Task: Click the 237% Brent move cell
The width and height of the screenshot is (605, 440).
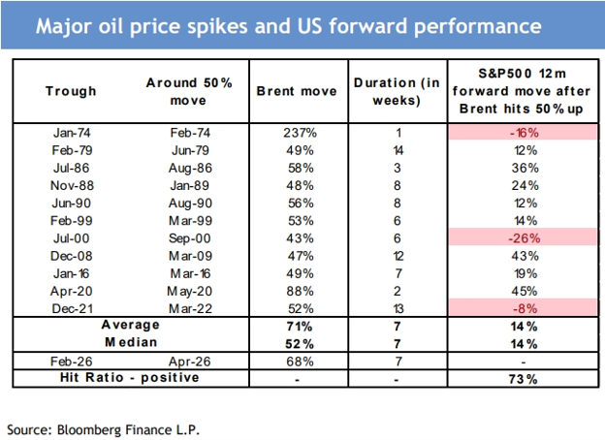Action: tap(300, 133)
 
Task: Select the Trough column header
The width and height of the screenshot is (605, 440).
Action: tap(71, 91)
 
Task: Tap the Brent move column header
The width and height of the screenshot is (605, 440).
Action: tap(297, 91)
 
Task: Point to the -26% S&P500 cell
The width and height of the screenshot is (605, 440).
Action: tap(524, 238)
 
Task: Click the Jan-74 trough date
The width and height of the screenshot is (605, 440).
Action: tap(72, 133)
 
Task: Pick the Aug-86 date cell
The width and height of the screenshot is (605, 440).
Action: tap(190, 168)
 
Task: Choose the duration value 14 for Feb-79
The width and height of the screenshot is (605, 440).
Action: tap(398, 150)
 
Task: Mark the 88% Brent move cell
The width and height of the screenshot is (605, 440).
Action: tap(300, 291)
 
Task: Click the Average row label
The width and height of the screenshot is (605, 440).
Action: tap(131, 325)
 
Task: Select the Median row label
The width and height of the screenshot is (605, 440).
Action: tap(131, 342)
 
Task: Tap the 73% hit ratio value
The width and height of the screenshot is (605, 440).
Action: tap(524, 379)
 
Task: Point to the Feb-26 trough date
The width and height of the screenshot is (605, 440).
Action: tap(72, 361)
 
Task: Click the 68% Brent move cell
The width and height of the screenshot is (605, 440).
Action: tap(300, 361)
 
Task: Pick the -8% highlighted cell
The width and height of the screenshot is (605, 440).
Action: tap(525, 308)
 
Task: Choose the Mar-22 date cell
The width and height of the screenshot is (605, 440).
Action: tap(190, 308)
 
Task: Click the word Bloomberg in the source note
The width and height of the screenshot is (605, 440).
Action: tap(89, 430)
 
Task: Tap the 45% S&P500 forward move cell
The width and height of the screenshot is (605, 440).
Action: tap(525, 291)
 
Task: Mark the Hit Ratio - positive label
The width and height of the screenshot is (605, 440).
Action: tap(130, 378)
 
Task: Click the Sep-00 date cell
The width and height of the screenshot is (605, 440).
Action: tap(190, 238)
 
